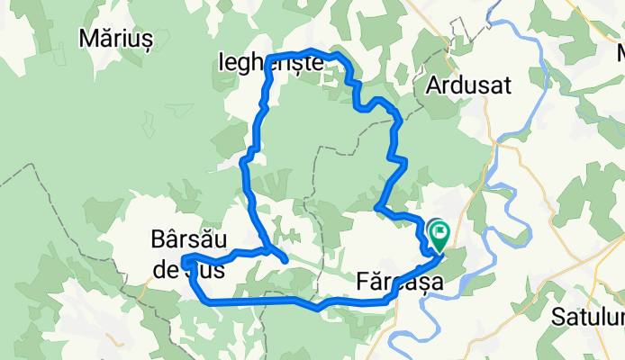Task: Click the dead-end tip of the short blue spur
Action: coord(285,261)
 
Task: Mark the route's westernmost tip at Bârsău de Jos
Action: coord(183,261)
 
